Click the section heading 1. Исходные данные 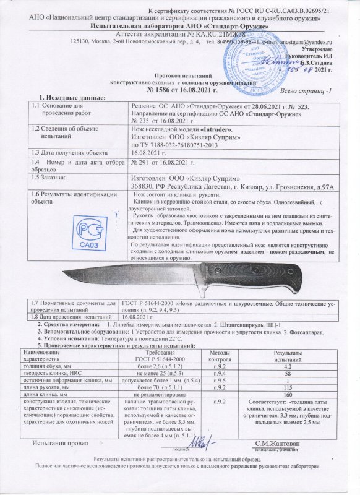tap(72, 98)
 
